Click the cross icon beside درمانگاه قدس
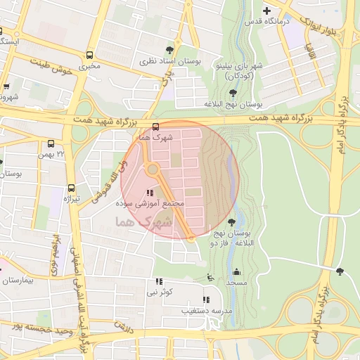click(266, 11)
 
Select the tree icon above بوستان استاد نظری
click(169, 49)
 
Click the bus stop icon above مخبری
click(89, 55)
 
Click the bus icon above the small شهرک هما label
click(155, 127)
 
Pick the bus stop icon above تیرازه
click(71, 188)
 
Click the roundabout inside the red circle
click(152, 169)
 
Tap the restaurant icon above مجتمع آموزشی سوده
click(148, 193)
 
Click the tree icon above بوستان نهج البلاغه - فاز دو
click(232, 222)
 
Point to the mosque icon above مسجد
click(237, 272)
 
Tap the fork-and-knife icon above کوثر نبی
click(157, 281)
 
